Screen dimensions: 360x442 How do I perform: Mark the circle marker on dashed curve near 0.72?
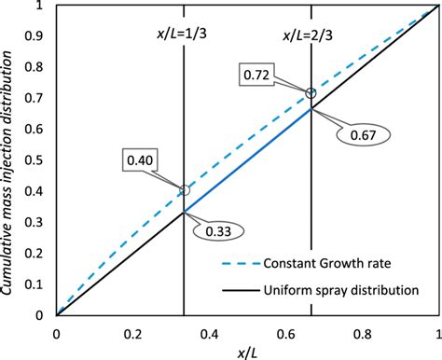coord(311,93)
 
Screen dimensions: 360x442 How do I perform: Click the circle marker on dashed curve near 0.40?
coord(185,190)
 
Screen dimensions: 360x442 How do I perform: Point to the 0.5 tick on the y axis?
coord(39,159)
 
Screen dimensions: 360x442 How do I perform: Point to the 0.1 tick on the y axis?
coord(39,284)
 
